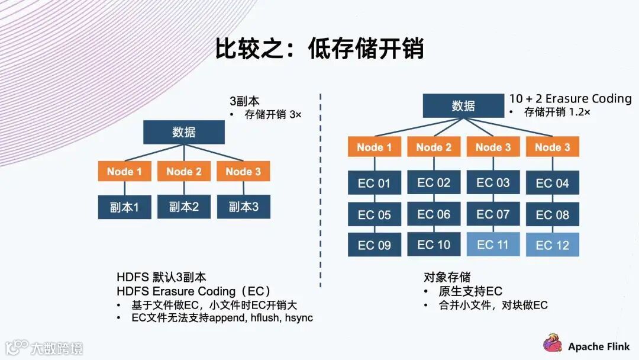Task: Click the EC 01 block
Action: click(374, 183)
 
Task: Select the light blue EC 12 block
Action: click(552, 245)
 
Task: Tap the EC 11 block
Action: click(493, 244)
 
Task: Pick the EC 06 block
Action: click(434, 214)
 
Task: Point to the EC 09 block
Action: click(374, 245)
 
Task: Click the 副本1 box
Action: click(124, 207)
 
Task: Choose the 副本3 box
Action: click(243, 207)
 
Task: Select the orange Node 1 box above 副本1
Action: click(124, 172)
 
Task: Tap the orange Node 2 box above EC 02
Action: click(434, 147)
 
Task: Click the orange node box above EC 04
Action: click(552, 147)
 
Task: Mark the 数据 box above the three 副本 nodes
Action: click(183, 132)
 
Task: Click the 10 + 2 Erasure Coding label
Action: click(570, 99)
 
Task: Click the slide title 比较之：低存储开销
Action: click(319, 49)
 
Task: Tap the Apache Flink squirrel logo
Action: click(553, 343)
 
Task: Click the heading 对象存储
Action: click(447, 277)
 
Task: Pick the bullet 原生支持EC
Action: click(470, 291)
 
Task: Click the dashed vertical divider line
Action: click(320, 189)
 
